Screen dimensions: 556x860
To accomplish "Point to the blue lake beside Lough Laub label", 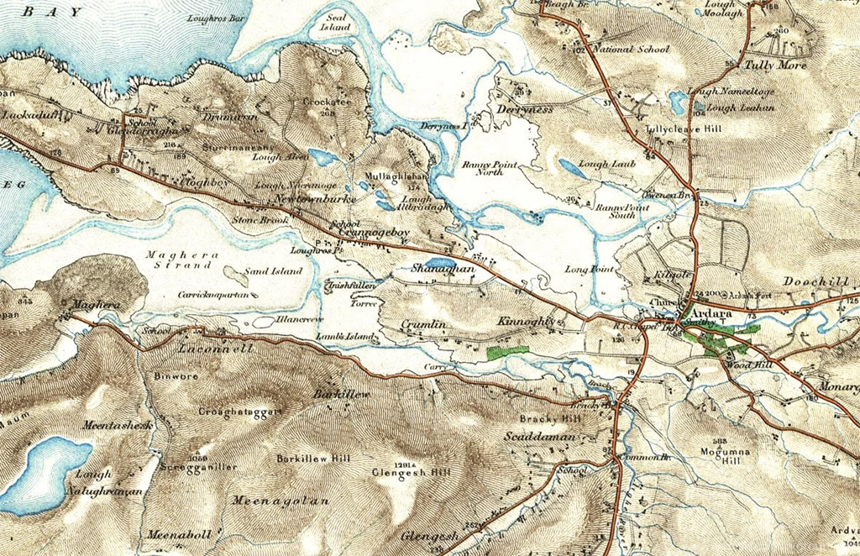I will pos(573,168).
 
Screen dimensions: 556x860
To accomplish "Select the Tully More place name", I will pos(775,65).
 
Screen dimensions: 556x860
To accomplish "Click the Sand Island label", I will pos(273,272).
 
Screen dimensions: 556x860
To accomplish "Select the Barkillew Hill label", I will pos(313,459).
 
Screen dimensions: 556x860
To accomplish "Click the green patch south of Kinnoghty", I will pos(507,351).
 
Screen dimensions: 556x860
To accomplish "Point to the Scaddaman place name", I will pos(540,437).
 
